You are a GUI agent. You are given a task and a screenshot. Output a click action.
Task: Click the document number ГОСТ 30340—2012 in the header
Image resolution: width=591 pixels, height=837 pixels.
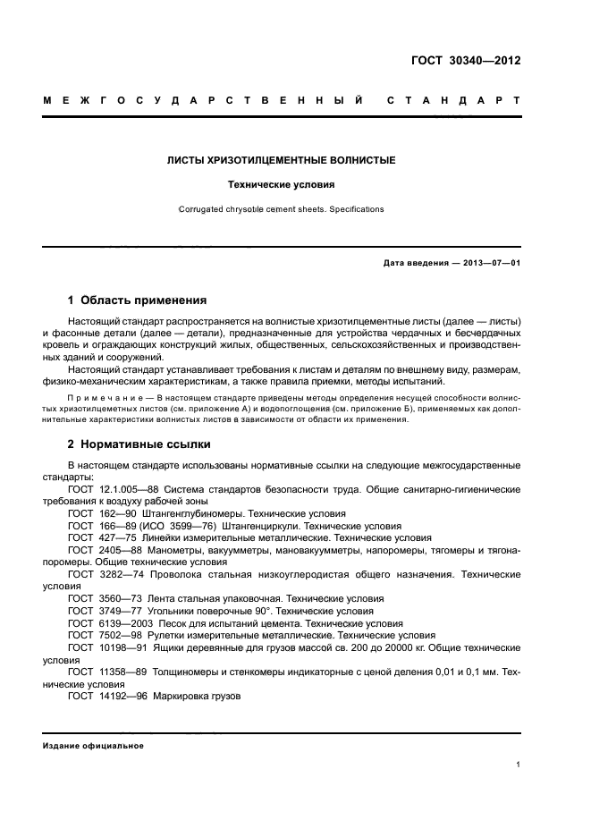pyautogui.click(x=467, y=62)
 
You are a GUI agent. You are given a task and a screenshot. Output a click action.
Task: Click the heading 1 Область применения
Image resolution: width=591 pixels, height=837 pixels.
pyautogui.click(x=138, y=300)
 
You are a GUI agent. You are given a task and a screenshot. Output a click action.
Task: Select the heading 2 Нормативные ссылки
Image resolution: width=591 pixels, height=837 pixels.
pyautogui.click(x=139, y=444)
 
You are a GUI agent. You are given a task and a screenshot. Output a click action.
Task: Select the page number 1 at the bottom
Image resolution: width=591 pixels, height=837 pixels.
pyautogui.click(x=519, y=765)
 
